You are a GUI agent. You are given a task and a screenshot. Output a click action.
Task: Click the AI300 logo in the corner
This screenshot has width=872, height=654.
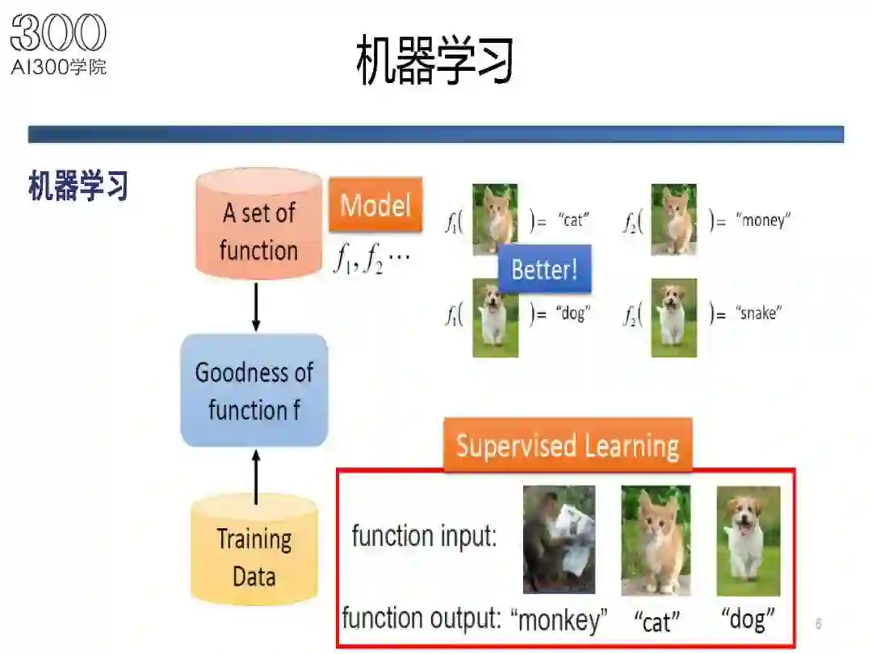click(58, 44)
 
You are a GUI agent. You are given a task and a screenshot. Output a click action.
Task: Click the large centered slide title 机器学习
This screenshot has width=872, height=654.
click(434, 60)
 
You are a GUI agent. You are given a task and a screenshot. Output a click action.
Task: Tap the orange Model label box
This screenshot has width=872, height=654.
click(375, 204)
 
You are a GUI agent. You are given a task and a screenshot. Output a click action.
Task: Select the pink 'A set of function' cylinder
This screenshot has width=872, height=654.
click(258, 224)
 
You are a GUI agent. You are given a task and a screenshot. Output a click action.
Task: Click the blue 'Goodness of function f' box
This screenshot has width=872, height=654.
click(254, 391)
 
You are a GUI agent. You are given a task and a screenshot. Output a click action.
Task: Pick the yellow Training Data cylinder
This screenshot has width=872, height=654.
click(254, 550)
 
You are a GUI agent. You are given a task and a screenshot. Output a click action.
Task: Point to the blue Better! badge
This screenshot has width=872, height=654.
click(544, 269)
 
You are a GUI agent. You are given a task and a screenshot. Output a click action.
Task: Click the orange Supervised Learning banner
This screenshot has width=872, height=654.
click(568, 445)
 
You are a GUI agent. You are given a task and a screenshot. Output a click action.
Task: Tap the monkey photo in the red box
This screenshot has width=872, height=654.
click(559, 539)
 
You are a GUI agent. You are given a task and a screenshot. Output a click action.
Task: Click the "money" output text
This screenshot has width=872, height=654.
click(763, 220)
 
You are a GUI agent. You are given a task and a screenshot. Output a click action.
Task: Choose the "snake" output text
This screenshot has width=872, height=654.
click(758, 313)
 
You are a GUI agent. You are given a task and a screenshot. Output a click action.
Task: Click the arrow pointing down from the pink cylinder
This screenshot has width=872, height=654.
click(256, 307)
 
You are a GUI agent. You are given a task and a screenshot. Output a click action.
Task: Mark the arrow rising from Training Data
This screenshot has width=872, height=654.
click(256, 477)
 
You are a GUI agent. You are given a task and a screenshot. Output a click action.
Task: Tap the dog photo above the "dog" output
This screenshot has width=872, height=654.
click(748, 540)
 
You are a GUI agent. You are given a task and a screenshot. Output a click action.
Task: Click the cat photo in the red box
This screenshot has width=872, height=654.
click(656, 540)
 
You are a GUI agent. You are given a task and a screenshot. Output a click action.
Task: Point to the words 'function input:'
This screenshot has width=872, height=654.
click(424, 536)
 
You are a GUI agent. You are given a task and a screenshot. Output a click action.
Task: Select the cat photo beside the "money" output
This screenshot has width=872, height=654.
click(673, 220)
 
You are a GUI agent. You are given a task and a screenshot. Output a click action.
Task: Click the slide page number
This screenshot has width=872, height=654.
click(818, 623)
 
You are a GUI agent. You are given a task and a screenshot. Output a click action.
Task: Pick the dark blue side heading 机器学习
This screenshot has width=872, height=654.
click(78, 185)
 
